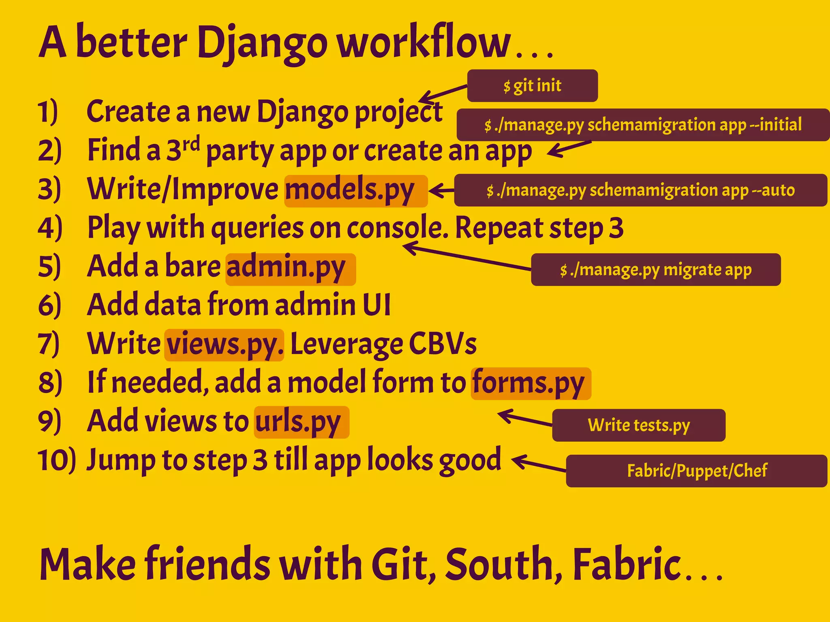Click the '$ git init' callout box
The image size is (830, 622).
(x=532, y=86)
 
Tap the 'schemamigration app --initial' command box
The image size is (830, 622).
(x=643, y=125)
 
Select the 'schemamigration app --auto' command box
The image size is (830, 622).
(x=640, y=190)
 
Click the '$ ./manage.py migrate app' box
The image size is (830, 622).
(x=656, y=270)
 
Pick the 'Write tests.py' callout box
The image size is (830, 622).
(x=639, y=425)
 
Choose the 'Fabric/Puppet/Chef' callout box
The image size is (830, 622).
(x=696, y=471)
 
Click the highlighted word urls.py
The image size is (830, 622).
(x=298, y=422)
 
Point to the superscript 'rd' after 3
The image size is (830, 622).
(x=191, y=144)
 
